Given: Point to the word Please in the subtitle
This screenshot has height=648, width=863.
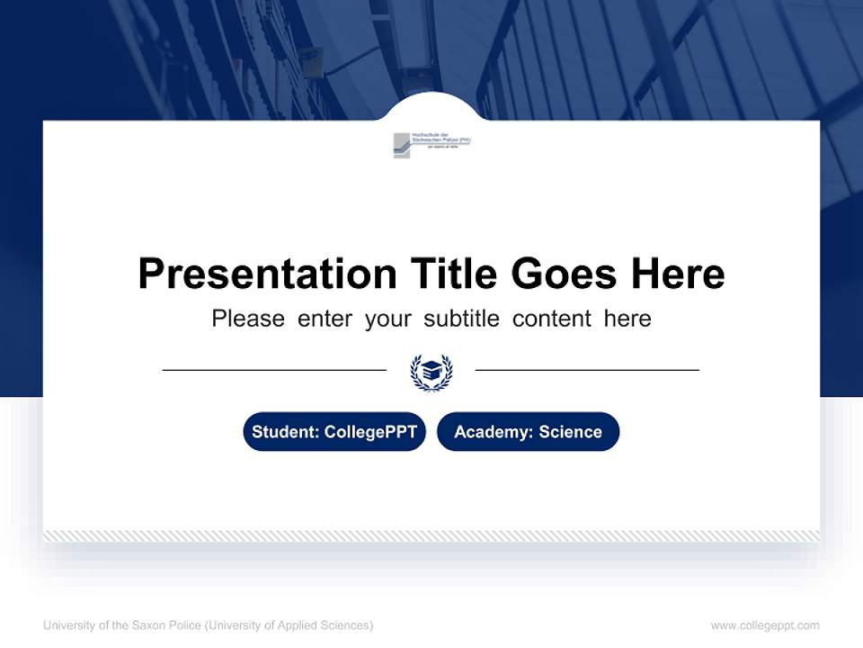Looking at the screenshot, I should coord(248,319).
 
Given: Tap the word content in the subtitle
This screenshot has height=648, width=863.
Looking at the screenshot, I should coord(552,319).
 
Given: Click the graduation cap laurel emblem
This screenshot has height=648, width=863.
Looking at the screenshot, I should coord(431,372).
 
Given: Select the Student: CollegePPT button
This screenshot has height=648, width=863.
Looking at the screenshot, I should coord(334,432).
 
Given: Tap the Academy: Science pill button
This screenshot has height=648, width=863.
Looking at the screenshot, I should coord(528,432).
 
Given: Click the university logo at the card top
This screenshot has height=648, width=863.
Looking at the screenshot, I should coord(431,145).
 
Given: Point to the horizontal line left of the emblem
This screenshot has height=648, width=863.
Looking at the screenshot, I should coord(274,369).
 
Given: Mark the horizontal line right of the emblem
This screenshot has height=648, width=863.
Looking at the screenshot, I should coord(587,369).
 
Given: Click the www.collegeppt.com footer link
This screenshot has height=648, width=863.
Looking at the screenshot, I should coord(765,625).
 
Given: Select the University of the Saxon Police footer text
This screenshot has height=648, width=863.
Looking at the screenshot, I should coord(208,625).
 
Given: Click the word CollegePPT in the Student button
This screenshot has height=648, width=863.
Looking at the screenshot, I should coord(370,432).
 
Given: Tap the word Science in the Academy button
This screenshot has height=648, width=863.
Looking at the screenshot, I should coord(570,432).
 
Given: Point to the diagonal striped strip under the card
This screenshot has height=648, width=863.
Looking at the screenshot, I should coord(431,535).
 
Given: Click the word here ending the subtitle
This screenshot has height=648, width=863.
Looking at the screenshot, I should coord(627,319).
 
